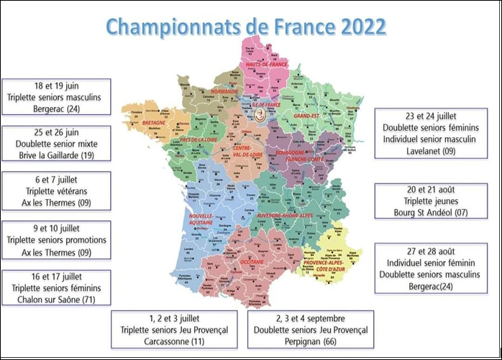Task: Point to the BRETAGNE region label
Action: pos(154,123)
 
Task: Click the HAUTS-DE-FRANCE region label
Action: pos(267,64)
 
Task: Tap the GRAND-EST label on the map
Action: pos(305,115)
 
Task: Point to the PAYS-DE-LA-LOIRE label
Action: pos(187,139)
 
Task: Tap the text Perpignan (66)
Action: pos(310,341)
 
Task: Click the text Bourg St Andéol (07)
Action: pos(434,213)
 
